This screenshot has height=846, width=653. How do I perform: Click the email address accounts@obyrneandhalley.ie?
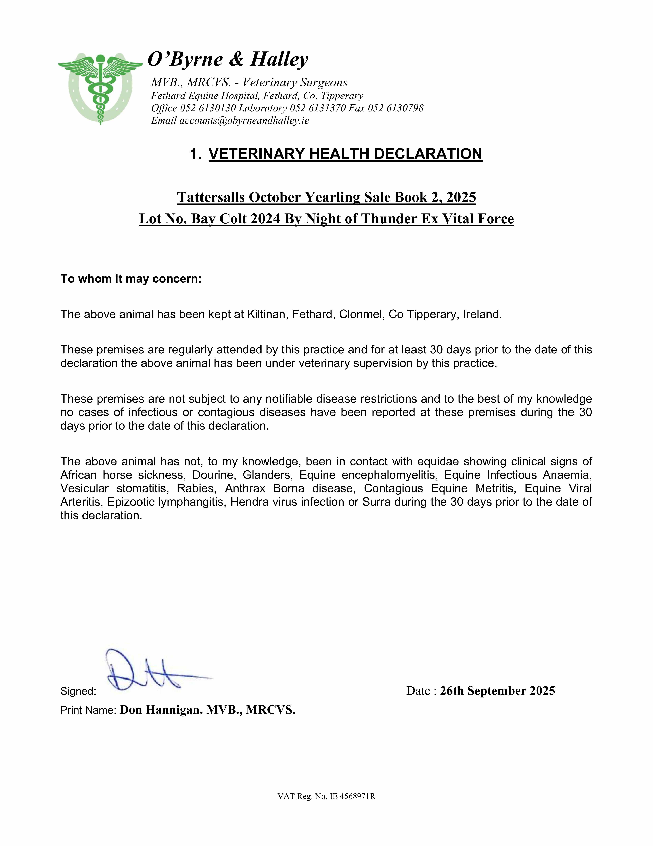[244, 120]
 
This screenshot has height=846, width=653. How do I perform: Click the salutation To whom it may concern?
[131, 279]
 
